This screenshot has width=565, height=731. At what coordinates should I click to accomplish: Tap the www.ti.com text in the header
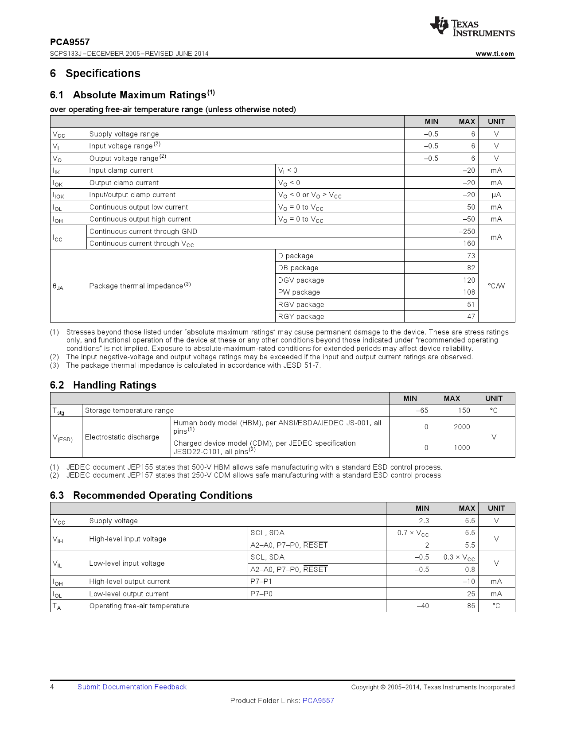click(495, 54)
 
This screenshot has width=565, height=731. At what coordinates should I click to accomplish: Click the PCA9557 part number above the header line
click(70, 42)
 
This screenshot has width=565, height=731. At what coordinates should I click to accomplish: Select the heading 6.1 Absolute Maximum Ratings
click(132, 95)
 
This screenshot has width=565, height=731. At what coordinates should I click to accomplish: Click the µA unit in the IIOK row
click(496, 195)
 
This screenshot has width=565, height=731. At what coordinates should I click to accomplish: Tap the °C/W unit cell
click(496, 286)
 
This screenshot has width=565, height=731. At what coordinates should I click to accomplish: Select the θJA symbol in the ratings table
click(58, 287)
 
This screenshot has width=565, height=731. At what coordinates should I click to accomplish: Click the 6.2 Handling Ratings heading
click(103, 385)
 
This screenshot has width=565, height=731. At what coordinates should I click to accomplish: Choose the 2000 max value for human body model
click(461, 427)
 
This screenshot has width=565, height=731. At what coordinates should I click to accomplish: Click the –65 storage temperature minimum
click(421, 410)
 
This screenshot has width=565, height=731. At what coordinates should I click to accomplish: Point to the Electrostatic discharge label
click(122, 437)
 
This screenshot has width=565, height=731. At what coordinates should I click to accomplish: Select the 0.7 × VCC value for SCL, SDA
click(413, 533)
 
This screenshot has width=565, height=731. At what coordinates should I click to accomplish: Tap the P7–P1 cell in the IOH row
click(261, 581)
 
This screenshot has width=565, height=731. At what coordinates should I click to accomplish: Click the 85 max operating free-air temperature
click(471, 606)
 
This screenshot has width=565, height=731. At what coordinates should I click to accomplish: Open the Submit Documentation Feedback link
click(132, 687)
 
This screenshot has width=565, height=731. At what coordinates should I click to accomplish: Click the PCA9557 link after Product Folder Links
click(318, 700)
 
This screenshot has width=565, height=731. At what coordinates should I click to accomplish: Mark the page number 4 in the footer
click(52, 687)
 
